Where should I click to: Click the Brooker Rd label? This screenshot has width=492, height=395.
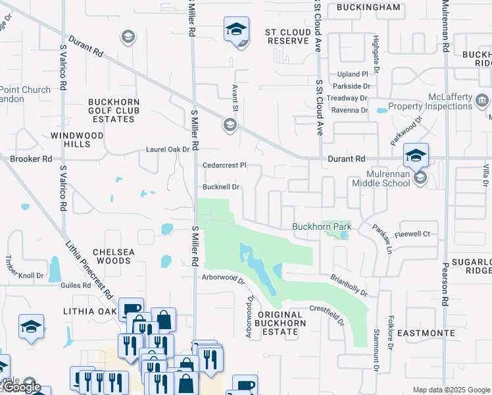(30, 159)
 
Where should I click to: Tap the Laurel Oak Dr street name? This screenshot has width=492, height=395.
(168, 150)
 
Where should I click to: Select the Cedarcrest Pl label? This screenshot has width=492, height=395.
(224, 166)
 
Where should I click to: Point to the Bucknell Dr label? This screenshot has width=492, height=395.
(220, 187)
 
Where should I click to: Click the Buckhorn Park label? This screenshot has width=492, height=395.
(322, 227)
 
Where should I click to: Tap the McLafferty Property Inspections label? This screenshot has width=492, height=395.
(430, 101)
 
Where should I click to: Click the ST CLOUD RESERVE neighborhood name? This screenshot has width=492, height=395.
(287, 36)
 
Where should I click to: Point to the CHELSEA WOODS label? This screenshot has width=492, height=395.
(112, 256)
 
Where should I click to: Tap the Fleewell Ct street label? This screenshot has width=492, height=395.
(412, 234)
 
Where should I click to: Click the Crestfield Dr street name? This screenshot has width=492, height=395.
(328, 315)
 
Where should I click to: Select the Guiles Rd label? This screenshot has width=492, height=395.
(78, 285)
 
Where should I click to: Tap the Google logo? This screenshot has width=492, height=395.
(21, 387)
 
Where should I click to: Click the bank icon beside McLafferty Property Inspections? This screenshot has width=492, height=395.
(482, 101)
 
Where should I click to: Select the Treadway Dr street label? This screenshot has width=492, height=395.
(349, 98)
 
